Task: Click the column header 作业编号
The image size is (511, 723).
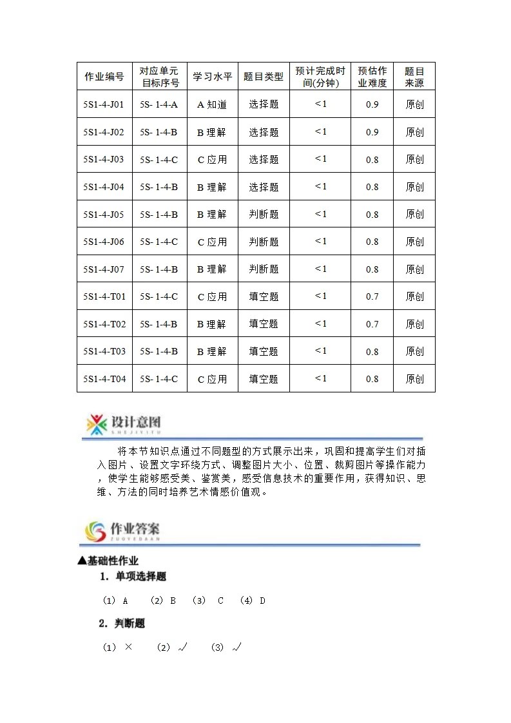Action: click(104, 77)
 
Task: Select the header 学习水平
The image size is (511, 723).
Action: click(212, 77)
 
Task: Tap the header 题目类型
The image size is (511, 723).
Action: click(264, 77)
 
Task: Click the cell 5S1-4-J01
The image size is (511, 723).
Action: click(104, 104)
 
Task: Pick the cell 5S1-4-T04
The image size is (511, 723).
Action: click(104, 379)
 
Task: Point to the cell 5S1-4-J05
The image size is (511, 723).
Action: click(104, 214)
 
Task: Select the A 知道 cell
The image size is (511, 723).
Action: click(212, 104)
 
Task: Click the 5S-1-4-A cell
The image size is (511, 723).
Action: click(159, 104)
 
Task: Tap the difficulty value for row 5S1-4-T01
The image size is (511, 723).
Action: click(372, 297)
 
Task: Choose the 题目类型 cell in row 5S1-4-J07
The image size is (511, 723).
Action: click(264, 269)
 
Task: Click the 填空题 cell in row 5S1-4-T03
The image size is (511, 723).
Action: click(264, 352)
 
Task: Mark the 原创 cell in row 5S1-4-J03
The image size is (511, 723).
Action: click(414, 160)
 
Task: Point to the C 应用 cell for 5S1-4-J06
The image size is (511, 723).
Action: click(212, 242)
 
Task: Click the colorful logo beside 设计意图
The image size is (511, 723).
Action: click(97, 424)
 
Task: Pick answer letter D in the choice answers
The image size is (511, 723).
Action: click(262, 601)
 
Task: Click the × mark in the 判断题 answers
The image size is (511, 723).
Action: click(128, 647)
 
